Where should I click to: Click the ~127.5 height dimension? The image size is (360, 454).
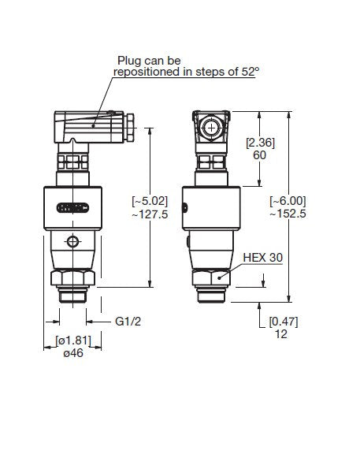point(150,214)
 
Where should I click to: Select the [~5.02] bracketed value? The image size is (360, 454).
point(150,203)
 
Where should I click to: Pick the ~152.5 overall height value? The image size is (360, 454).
point(288,214)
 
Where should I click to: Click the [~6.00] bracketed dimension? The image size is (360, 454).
point(288,202)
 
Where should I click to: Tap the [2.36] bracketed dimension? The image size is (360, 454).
point(260,143)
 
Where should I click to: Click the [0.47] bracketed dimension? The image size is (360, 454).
point(284,322)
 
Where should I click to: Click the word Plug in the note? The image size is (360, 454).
point(129,60)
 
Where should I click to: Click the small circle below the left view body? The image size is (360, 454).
point(73,241)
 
